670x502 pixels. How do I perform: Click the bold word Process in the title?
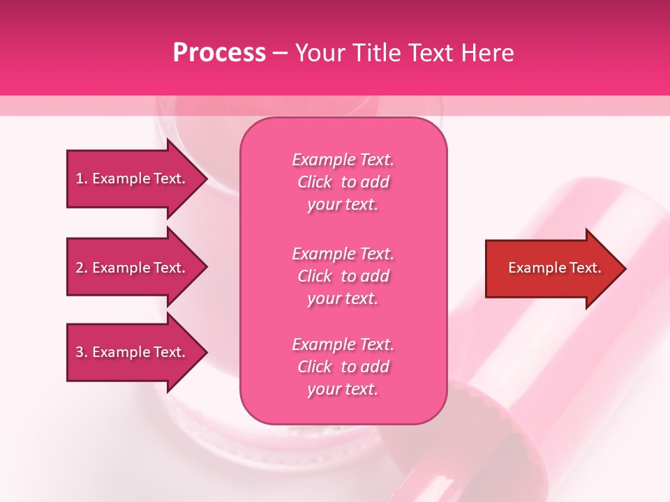tap(219, 53)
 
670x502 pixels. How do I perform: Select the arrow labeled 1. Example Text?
tap(133, 178)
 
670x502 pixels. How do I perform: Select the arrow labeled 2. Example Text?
tap(133, 268)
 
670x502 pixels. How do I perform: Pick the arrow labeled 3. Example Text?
tap(133, 352)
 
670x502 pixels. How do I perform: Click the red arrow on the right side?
tap(551, 268)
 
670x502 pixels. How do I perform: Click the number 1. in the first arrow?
tap(82, 178)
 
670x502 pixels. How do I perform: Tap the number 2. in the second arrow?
tap(82, 268)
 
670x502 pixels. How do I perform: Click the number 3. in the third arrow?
tap(82, 352)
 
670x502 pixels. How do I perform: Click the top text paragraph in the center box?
tap(343, 182)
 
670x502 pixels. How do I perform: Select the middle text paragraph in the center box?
tap(343, 276)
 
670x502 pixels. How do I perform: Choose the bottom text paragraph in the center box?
tap(343, 367)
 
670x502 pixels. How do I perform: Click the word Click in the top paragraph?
tap(315, 183)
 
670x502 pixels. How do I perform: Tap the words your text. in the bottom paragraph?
tap(343, 389)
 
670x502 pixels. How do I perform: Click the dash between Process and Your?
tap(280, 53)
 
